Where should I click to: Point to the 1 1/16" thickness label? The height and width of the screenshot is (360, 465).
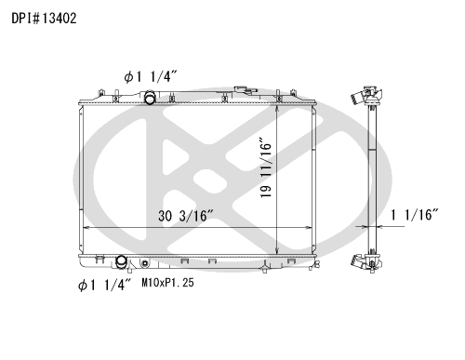point(415,216)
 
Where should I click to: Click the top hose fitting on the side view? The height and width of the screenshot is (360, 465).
point(361,97)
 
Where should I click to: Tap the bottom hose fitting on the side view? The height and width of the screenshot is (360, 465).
point(361,261)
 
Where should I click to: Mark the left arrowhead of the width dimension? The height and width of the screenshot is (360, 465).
point(86,228)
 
